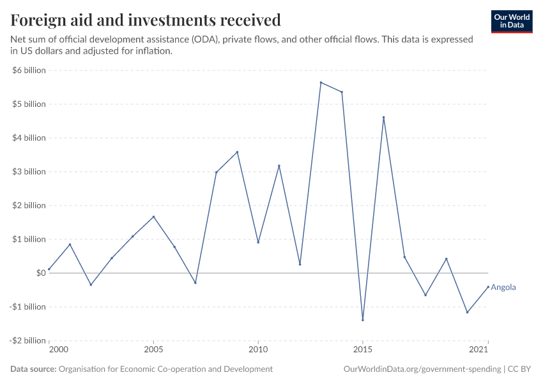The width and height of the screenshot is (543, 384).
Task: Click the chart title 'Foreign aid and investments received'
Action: click(146, 20)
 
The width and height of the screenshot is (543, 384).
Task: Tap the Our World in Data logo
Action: click(511, 21)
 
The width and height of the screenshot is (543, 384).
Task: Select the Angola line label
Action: click(503, 287)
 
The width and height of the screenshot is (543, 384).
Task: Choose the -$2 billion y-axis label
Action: click(27, 340)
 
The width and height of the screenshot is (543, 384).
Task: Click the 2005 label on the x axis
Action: click(153, 350)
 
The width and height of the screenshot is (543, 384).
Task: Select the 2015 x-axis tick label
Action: click(363, 350)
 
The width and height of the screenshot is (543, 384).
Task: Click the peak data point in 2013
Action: click(321, 83)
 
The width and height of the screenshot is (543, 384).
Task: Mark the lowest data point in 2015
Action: click(363, 320)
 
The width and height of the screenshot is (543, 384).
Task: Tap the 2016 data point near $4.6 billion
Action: click(384, 117)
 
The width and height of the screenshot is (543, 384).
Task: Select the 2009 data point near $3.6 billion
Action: click(237, 152)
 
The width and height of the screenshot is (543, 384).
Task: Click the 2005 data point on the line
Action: click(153, 216)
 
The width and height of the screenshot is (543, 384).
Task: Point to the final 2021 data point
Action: click(488, 287)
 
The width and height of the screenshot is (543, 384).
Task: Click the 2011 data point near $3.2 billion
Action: click(279, 166)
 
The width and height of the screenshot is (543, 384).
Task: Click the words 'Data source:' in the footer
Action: click(33, 369)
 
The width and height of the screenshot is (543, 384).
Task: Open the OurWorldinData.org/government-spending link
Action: click(422, 369)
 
